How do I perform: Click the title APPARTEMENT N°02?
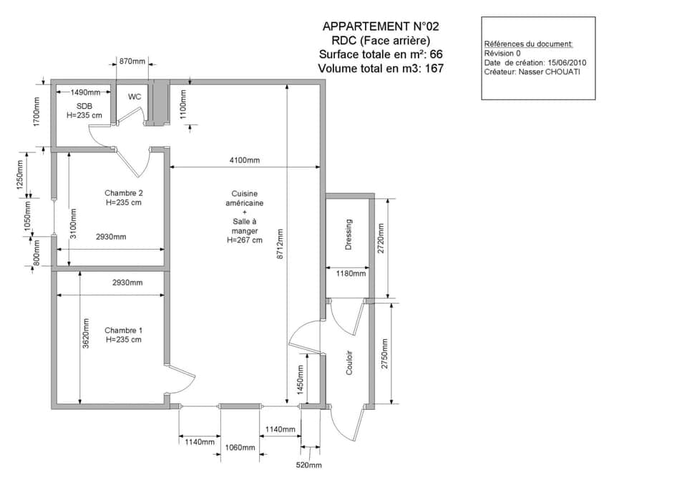pos(381,26)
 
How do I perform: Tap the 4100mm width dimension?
pos(244,160)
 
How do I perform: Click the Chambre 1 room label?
pos(124,330)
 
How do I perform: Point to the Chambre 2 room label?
pos(124,193)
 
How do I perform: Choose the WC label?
pos(135,97)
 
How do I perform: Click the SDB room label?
pos(84,106)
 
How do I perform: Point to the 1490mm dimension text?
pos(85,92)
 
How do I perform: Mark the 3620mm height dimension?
pos(87,334)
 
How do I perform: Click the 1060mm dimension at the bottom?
pos(240,448)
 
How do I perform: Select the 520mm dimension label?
pos(309,465)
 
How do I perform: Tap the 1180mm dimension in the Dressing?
pos(351,273)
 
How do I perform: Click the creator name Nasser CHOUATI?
pos(550,72)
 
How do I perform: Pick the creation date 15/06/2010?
pos(566,62)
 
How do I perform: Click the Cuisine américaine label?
pos(244,199)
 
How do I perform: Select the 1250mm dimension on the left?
pos(20,174)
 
